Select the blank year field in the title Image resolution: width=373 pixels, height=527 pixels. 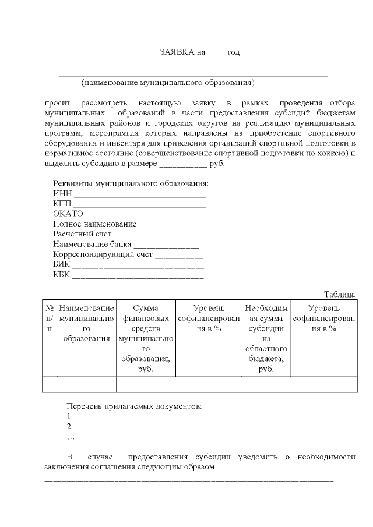(x=216, y=54)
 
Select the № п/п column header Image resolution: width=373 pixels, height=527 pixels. (x=50, y=318)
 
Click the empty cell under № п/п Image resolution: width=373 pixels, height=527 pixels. (x=50, y=384)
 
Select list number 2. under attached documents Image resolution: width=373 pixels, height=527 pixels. (x=70, y=426)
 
